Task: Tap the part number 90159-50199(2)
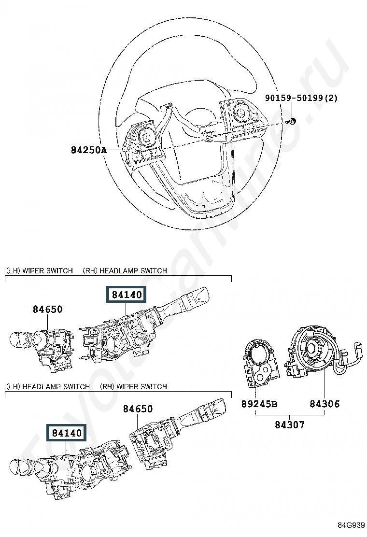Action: (301, 98)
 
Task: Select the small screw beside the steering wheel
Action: (292, 121)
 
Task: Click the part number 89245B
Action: (259, 404)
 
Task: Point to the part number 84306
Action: (325, 404)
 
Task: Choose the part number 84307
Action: (290, 425)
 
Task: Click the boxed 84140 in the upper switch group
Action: (126, 295)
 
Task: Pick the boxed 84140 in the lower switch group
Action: (67, 433)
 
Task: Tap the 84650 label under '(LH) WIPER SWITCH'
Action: (48, 309)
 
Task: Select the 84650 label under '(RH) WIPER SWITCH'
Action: (137, 409)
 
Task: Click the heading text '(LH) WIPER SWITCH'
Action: (39, 271)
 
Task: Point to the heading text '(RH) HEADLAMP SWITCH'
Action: (125, 271)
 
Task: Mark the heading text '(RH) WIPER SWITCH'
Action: (133, 387)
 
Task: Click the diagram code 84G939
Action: (351, 525)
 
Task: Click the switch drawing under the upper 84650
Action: (46, 348)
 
